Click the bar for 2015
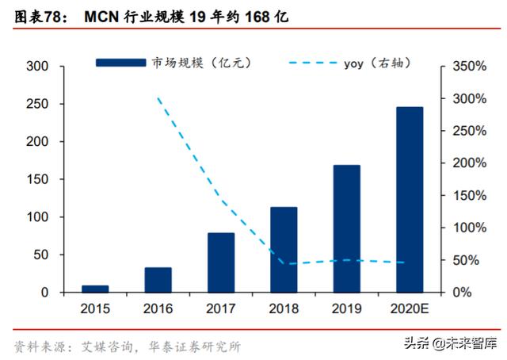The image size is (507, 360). [94, 289]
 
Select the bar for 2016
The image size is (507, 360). [158, 280]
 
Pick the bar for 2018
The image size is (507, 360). [284, 250]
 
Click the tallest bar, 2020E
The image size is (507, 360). [410, 200]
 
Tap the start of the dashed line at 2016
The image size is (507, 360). [158, 99]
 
